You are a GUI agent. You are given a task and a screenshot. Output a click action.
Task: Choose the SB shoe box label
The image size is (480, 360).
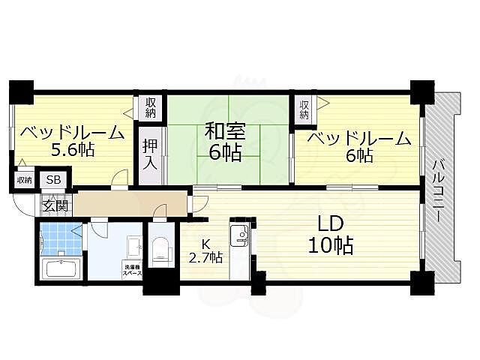coord(55,180)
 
